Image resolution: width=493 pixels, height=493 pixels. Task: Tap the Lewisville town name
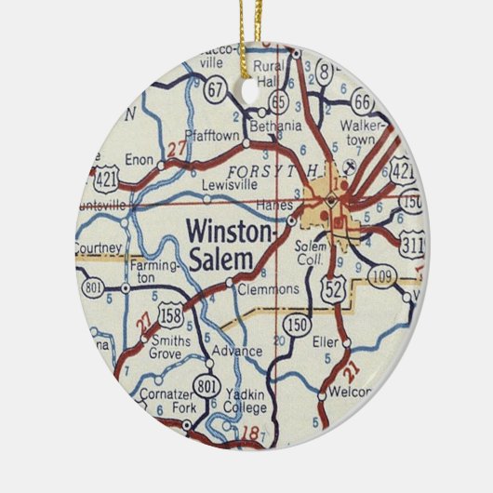(228, 184)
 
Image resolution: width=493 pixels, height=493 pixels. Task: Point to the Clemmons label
(269, 289)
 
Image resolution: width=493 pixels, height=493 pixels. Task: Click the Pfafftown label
(213, 135)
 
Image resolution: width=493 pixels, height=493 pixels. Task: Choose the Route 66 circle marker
(361, 100)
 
